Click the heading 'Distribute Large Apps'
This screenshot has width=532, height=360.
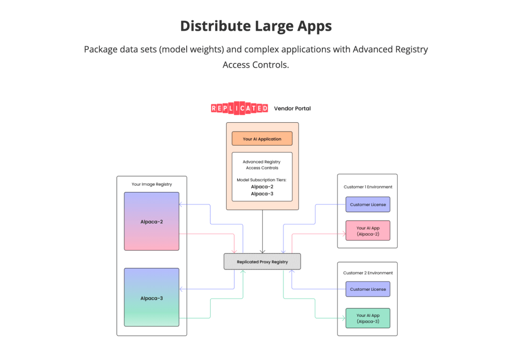coord(256,26)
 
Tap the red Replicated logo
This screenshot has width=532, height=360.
coord(239,108)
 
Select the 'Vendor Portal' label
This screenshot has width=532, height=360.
coord(292,108)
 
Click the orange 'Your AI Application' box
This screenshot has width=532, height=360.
coord(262,139)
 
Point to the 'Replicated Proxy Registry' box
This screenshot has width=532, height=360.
coord(262,262)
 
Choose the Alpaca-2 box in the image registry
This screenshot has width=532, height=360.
coord(151,222)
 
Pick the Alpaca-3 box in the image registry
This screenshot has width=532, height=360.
coord(151,298)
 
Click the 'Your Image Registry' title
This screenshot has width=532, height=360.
coord(151,184)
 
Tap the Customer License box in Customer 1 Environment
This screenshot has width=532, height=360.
coord(368,204)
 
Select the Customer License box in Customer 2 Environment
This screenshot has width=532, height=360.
coord(368,289)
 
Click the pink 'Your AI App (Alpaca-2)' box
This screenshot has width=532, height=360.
coord(368,231)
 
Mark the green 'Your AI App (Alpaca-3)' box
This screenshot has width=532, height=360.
coord(368,318)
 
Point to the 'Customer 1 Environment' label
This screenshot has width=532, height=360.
coord(368,187)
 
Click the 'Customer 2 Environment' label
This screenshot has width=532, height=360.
coord(368,273)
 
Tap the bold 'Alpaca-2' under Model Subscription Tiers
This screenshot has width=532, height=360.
coord(262,186)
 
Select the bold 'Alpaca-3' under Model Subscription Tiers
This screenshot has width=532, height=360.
coord(262,194)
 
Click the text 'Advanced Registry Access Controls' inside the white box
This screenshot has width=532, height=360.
coord(262,165)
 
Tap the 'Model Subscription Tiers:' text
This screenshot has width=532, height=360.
coord(262,179)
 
